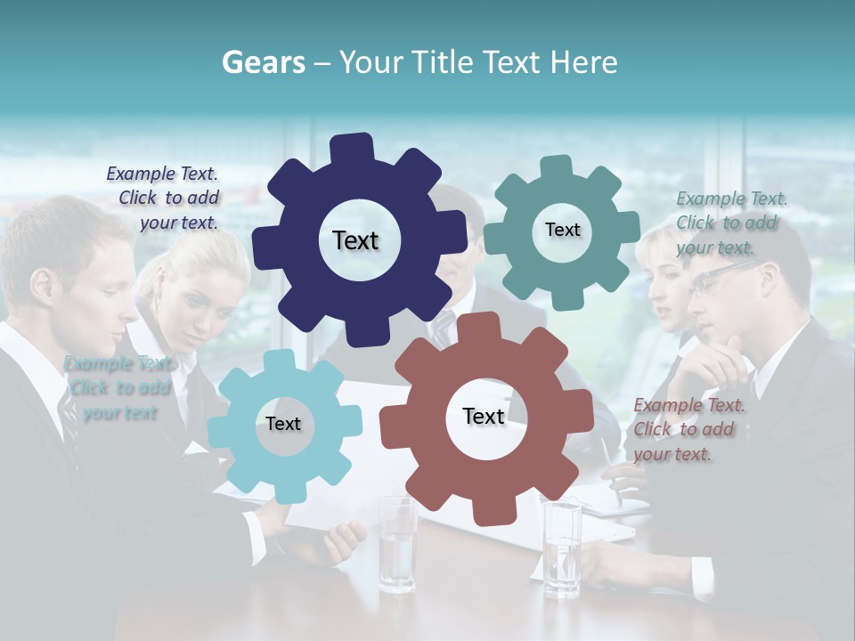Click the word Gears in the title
click(263, 62)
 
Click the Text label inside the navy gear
click(355, 240)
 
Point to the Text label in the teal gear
click(562, 230)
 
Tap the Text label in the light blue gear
click(282, 424)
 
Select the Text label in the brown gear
click(484, 416)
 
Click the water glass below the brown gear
click(397, 545)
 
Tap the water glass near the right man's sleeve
click(562, 548)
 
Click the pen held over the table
click(607, 458)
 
